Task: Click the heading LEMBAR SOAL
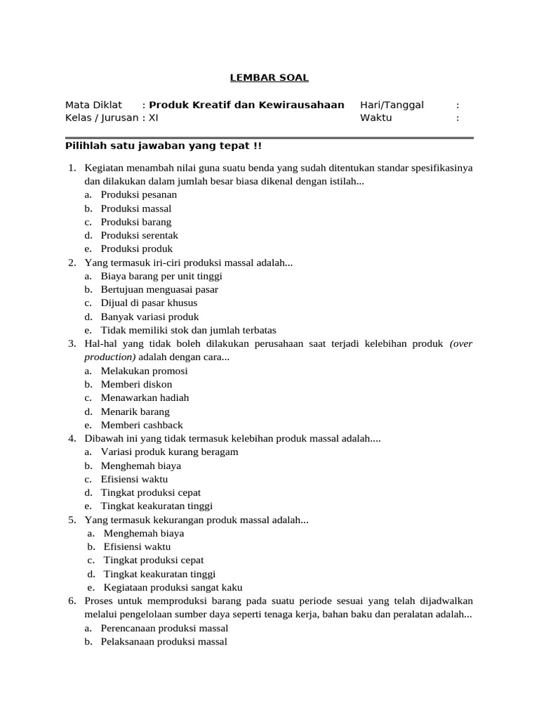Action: pos(270,78)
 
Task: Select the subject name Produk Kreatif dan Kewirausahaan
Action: pos(246,105)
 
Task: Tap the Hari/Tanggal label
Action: pos(392,105)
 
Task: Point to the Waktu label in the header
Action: pos(375,117)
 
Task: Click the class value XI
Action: pos(154,117)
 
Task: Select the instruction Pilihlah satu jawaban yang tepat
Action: pos(163,146)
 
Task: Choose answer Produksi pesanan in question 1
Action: pos(138,194)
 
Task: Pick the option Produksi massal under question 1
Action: pos(135,209)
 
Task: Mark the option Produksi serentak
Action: pos(139,235)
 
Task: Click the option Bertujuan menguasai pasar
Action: pos(159,289)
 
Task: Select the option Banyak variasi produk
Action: pos(149,317)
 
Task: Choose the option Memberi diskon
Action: pos(136,384)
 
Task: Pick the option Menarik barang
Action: pos(135,411)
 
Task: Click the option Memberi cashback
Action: pos(141,425)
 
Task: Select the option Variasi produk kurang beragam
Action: pos(169,451)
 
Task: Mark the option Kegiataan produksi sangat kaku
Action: pos(173,588)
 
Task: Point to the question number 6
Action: pos(72,601)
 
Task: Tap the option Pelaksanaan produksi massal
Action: pos(164,642)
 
